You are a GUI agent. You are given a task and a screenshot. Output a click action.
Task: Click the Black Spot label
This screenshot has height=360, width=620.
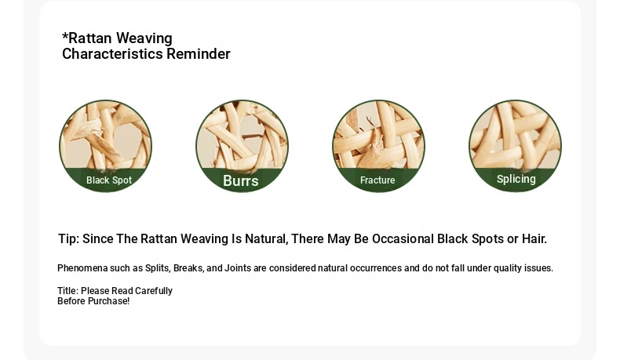[109, 180]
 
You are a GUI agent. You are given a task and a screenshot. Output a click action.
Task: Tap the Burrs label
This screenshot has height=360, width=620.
[241, 180]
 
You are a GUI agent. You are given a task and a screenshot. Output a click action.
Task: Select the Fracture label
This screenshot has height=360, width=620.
[377, 180]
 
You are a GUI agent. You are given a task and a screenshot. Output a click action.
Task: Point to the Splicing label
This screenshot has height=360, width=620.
[516, 179]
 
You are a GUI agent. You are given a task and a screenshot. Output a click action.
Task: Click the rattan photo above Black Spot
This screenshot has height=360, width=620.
[106, 134]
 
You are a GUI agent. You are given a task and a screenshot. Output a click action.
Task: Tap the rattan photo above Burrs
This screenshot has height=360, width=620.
[242, 134]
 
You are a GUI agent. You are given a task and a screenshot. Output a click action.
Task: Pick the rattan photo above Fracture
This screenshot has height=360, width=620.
[378, 134]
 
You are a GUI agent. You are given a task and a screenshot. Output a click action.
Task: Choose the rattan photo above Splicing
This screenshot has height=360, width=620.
[515, 134]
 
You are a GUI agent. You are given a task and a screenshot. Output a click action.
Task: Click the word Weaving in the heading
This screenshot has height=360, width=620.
[144, 38]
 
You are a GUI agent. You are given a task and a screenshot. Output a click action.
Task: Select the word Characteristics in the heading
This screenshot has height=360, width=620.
[112, 54]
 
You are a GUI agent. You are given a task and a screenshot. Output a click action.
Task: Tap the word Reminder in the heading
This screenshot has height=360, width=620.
[199, 54]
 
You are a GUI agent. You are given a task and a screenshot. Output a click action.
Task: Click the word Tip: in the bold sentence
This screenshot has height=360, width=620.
[69, 239]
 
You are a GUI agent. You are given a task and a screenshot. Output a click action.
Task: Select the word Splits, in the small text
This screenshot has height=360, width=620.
[158, 268]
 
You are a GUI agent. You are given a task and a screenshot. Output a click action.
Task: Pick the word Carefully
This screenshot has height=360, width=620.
[153, 291]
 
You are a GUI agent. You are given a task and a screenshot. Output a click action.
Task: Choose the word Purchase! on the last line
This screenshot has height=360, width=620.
[108, 301]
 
